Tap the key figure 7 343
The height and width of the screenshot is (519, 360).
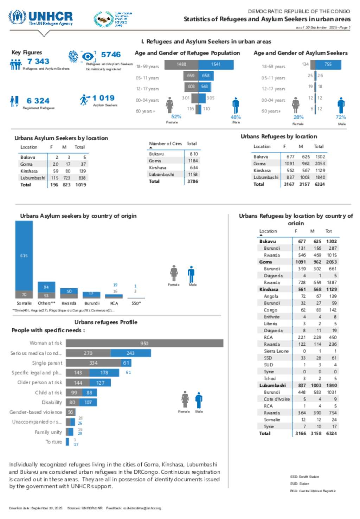(x=38, y=62)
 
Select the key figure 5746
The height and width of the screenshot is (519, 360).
(x=111, y=55)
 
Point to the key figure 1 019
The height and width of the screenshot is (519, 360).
(x=103, y=98)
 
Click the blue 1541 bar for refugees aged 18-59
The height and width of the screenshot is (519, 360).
(x=216, y=64)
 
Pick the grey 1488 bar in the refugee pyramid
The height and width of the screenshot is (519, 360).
(x=181, y=64)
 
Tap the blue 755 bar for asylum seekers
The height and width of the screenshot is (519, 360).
(x=328, y=64)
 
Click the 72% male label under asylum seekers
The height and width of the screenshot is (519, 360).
(x=341, y=117)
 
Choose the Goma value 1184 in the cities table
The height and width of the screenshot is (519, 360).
(x=193, y=161)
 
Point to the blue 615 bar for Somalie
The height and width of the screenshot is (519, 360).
(x=24, y=256)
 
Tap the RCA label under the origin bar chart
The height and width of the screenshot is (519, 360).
(x=114, y=303)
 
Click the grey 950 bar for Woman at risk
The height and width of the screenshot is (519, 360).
(x=144, y=343)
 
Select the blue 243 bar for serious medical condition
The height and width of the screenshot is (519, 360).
(x=130, y=353)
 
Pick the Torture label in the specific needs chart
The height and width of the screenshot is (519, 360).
(x=53, y=442)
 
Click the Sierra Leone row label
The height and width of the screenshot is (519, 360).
(x=276, y=351)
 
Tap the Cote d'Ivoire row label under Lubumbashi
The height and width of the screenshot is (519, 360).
(x=277, y=399)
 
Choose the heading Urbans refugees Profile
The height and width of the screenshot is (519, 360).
(x=106, y=322)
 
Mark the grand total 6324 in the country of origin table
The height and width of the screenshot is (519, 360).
(x=331, y=434)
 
